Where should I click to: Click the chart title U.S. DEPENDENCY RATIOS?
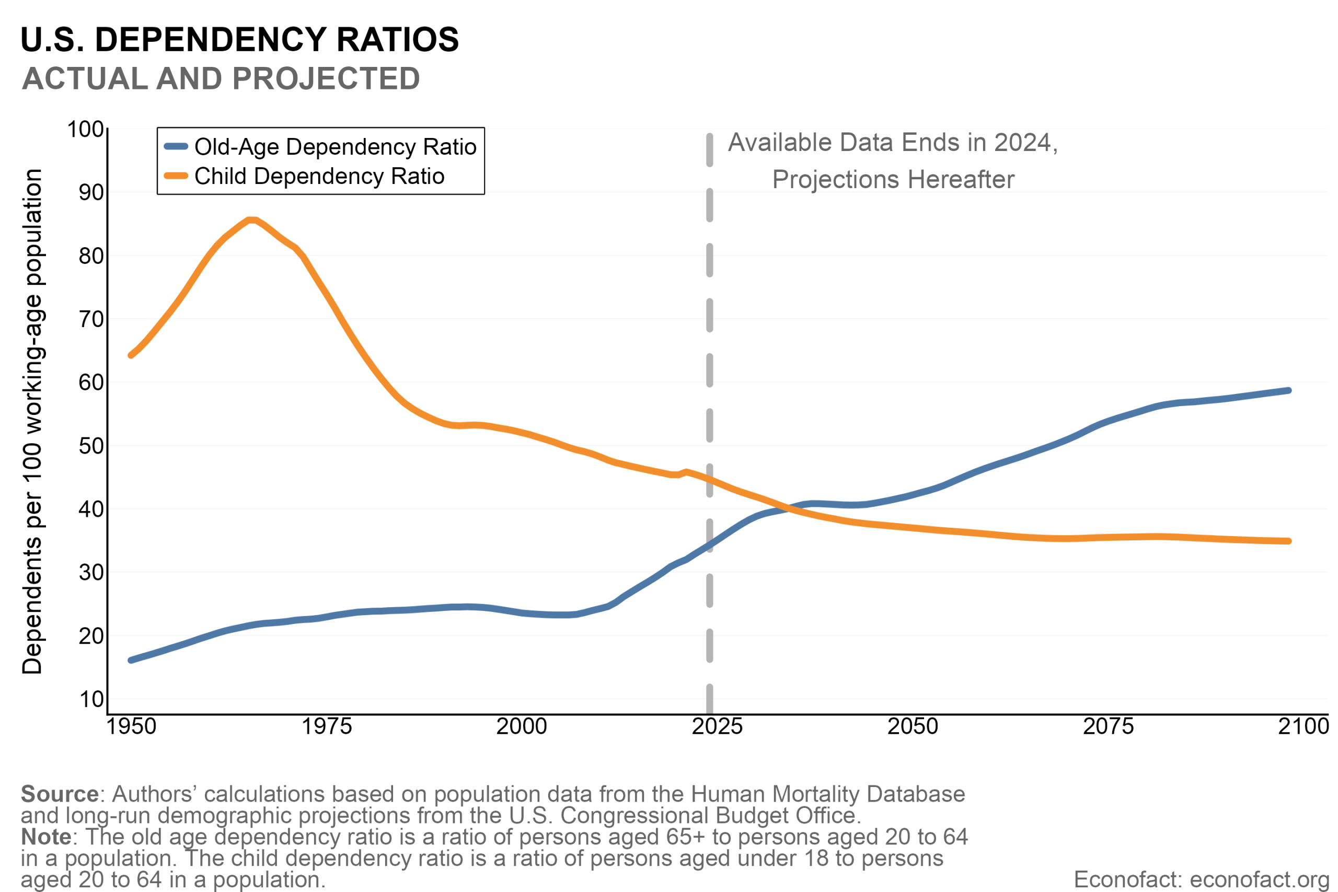(x=239, y=40)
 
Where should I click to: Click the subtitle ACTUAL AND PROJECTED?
(x=221, y=78)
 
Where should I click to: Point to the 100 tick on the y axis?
(x=85, y=130)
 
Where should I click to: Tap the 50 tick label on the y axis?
(x=91, y=446)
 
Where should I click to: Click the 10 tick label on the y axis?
(x=91, y=699)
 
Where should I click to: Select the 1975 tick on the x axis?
(x=327, y=726)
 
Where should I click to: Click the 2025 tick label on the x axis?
(x=717, y=726)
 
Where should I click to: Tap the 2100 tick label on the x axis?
(x=1303, y=726)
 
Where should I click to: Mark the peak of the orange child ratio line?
(x=252, y=220)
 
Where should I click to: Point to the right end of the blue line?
(x=1288, y=390)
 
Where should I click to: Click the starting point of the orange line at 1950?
(x=131, y=355)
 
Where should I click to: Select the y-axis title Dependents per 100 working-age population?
(x=32, y=421)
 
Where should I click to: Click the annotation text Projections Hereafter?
(x=893, y=180)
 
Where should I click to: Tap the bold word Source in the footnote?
(x=60, y=794)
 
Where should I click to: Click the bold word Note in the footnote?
(x=46, y=837)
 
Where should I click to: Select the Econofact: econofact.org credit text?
(x=1202, y=879)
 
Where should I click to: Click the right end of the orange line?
(x=1288, y=541)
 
